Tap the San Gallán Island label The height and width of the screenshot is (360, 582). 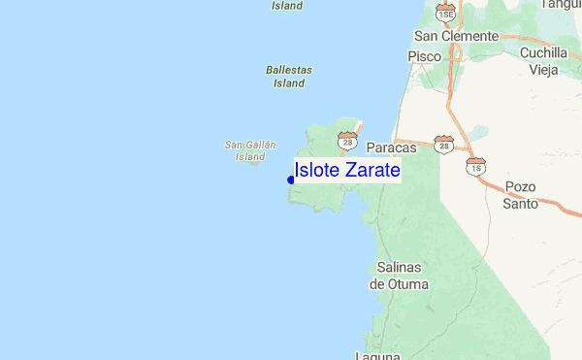(x=249, y=150)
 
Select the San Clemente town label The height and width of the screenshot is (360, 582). (x=456, y=36)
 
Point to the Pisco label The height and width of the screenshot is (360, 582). (x=424, y=56)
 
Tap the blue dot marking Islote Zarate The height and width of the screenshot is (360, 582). (x=291, y=180)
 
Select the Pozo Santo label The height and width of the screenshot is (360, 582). (x=520, y=195)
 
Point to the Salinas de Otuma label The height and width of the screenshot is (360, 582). (x=401, y=276)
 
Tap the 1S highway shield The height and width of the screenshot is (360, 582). (x=475, y=166)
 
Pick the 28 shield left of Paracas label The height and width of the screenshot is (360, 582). (x=346, y=142)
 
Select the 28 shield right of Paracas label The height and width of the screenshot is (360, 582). (x=443, y=146)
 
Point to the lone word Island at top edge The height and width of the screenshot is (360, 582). (x=287, y=5)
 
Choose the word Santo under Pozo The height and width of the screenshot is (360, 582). (x=520, y=204)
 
